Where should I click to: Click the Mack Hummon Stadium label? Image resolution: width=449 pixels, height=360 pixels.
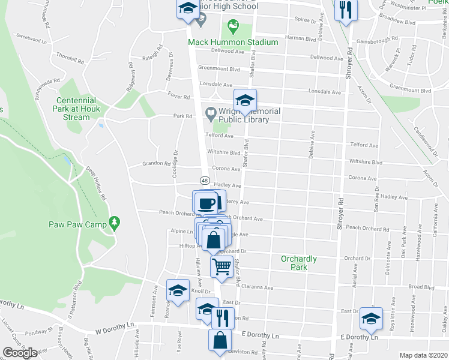(233, 42)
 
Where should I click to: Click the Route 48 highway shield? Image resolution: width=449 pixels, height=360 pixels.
(204, 181)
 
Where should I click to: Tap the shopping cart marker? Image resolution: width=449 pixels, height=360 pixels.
(222, 266)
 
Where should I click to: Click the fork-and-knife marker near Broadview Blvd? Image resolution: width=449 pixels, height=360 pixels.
(345, 10)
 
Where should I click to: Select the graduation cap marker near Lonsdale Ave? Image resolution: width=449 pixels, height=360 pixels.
(245, 100)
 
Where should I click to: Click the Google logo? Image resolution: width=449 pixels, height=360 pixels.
(20, 353)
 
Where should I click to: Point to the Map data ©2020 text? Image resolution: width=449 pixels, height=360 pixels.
(424, 355)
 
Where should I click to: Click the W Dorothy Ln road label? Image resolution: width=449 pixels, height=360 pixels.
(114, 328)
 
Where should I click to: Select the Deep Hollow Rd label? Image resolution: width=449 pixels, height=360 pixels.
(96, 182)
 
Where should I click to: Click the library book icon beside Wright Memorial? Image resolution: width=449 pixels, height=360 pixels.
(210, 112)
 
